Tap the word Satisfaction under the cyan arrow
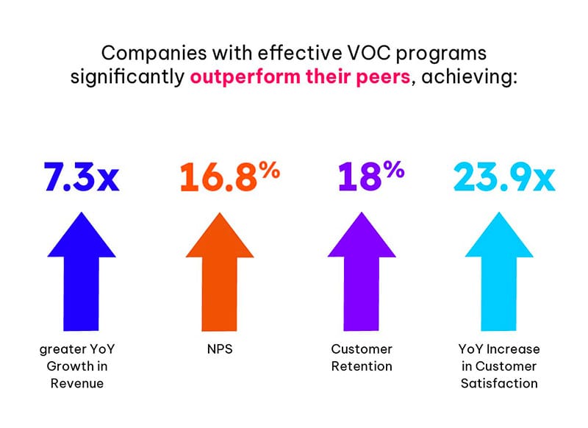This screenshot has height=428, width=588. [499, 382]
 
